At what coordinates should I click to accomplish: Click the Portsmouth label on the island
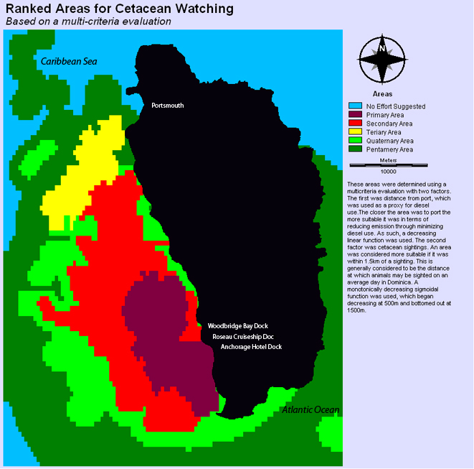[167, 106]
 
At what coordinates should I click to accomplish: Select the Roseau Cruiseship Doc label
[243, 336]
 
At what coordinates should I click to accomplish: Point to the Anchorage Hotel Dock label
[251, 347]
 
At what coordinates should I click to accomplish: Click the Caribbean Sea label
[68, 62]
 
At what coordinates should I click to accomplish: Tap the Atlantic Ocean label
[310, 410]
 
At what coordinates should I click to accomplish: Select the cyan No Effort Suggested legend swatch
[354, 106]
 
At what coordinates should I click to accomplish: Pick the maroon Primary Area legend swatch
[354, 115]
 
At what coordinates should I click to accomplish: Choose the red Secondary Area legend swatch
[354, 124]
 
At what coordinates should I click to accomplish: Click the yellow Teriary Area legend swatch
[354, 132]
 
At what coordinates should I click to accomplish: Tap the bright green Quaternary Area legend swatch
[354, 141]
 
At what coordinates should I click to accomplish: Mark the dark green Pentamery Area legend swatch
[354, 149]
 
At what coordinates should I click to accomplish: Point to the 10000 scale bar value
[388, 172]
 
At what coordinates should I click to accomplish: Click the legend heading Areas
[382, 93]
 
